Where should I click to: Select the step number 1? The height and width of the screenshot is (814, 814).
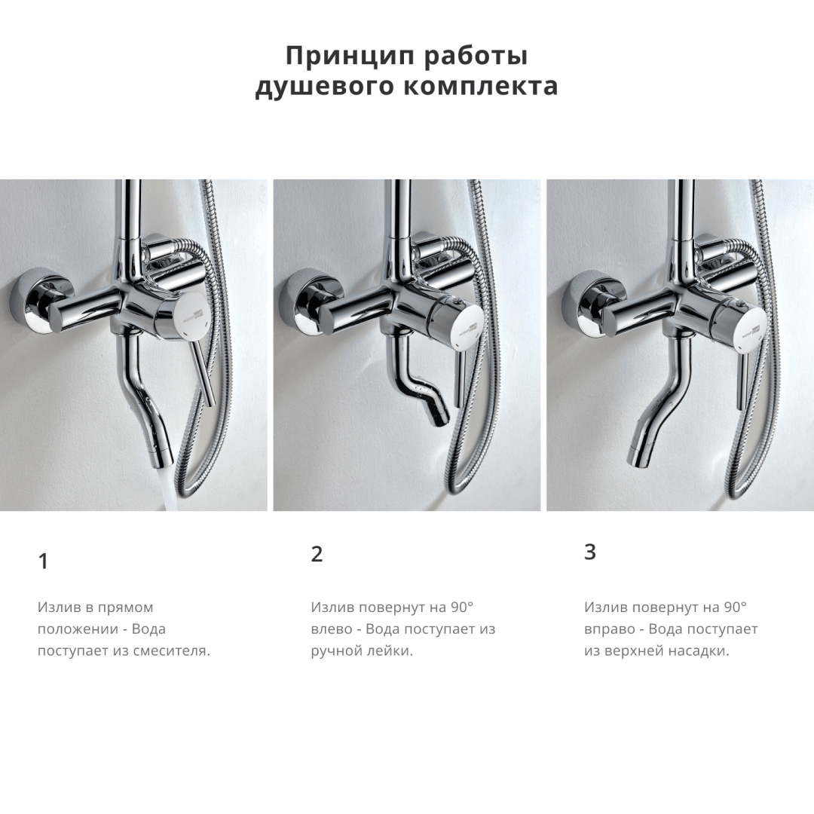click(x=44, y=562)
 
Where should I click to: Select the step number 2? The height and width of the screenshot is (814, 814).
click(x=317, y=554)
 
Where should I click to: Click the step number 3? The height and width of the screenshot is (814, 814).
click(x=589, y=552)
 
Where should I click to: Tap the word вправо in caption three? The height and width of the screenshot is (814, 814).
click(x=606, y=630)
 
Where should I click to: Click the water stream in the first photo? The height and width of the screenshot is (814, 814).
click(x=170, y=488)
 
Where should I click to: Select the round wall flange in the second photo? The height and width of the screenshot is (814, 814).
click(x=311, y=300)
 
